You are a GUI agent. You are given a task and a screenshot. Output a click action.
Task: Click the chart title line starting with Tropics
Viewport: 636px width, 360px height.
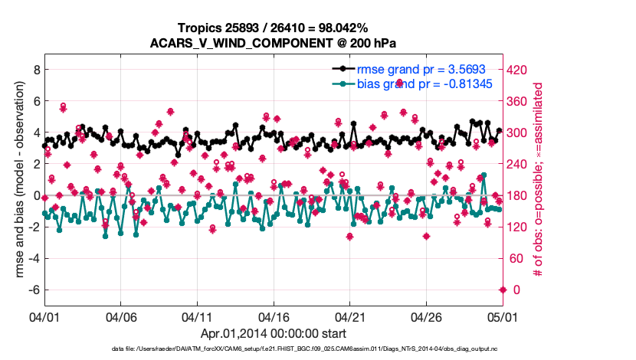point(274,28)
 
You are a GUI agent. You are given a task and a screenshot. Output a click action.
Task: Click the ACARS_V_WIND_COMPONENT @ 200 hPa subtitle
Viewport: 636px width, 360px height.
point(274,43)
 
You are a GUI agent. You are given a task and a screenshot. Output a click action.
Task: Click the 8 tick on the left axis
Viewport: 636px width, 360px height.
point(34,69)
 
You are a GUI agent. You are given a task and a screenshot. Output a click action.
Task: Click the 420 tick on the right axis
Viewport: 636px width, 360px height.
point(518,70)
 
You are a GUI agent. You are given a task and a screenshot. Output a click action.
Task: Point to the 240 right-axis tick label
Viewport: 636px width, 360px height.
point(518,164)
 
